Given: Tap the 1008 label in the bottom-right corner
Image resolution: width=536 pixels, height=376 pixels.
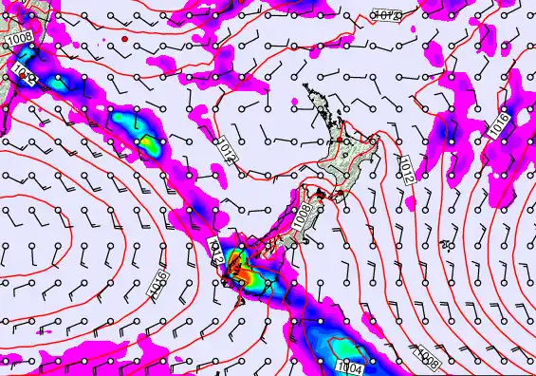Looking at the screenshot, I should [x=428, y=358].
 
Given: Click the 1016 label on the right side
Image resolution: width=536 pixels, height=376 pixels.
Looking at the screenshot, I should [x=500, y=124].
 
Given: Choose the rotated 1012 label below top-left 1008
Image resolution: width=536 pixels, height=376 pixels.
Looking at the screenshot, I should [x=25, y=75].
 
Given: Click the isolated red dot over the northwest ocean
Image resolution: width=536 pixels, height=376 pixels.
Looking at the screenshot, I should [x=124, y=39].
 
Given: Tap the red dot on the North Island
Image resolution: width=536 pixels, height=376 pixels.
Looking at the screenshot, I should [x=347, y=151].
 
